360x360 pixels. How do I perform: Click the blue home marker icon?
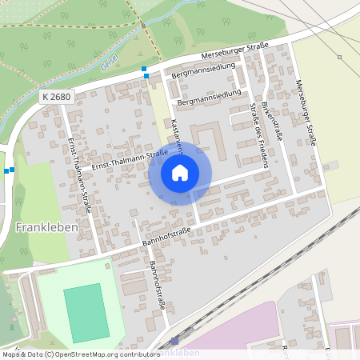click(x=180, y=172)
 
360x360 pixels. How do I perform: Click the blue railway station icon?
click(x=174, y=340)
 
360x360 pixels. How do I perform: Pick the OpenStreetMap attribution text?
click(x=80, y=354)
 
